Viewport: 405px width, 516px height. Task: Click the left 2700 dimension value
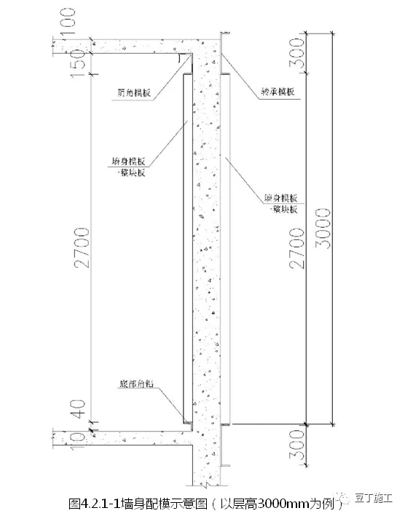(81, 247)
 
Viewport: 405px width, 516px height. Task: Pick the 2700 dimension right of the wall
(296, 247)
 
